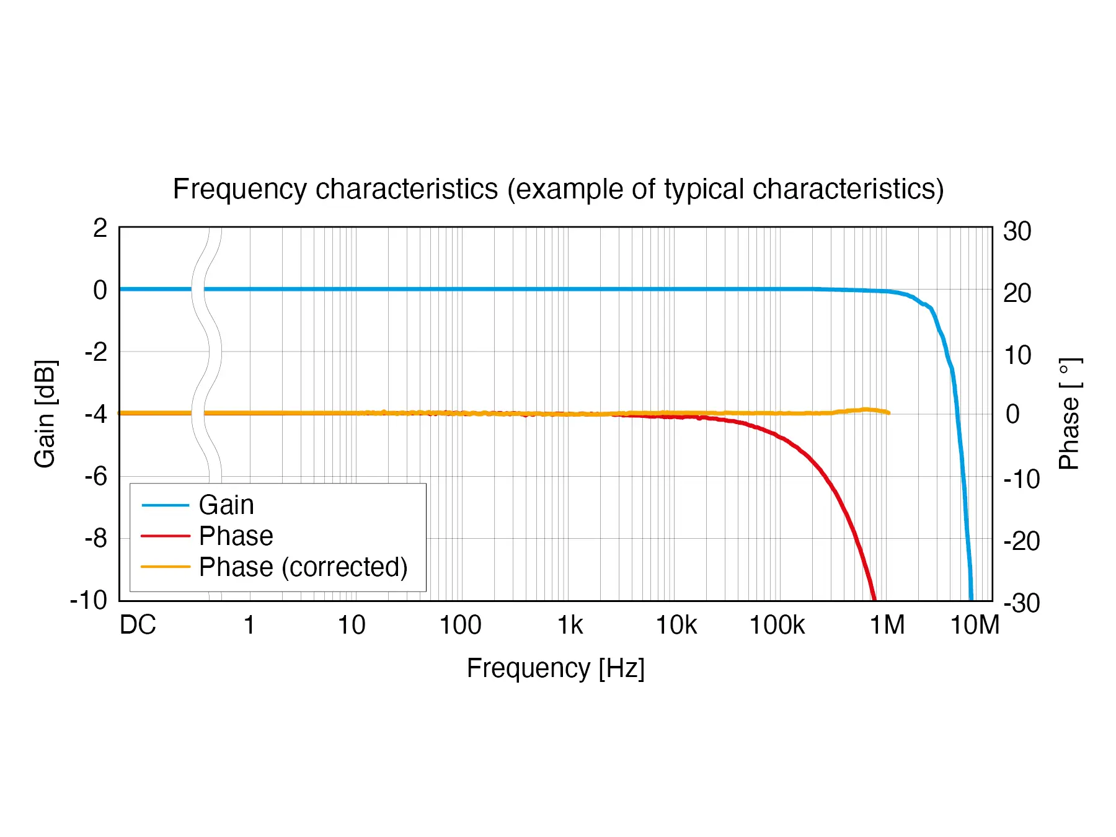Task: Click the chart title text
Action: click(558, 189)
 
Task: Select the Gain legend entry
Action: click(226, 505)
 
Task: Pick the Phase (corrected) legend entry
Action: click(303, 567)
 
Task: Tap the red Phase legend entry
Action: click(236, 536)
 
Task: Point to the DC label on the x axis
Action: click(138, 625)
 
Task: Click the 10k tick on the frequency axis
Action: click(676, 625)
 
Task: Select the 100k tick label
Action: click(777, 625)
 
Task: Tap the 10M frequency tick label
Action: click(975, 625)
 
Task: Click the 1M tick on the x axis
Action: click(887, 625)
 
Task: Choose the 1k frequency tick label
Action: click(570, 625)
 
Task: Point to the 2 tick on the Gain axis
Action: click(100, 228)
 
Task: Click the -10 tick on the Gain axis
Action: click(89, 600)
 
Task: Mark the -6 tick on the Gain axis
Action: click(96, 476)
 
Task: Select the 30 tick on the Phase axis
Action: click(1017, 231)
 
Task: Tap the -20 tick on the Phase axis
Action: click(1021, 541)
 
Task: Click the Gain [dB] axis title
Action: click(45, 414)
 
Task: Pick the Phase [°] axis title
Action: click(1069, 414)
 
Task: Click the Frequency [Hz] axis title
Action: click(556, 668)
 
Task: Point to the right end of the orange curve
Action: click(889, 412)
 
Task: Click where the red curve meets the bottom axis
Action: click(874, 600)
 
